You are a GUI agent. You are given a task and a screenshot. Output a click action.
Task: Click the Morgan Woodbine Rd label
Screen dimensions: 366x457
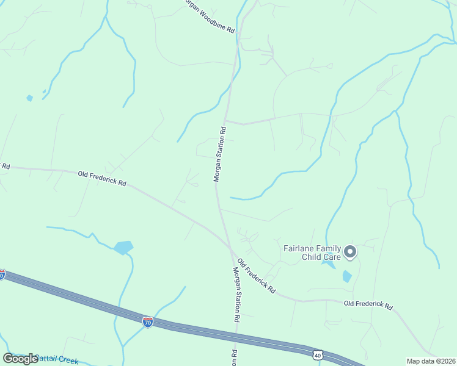208,16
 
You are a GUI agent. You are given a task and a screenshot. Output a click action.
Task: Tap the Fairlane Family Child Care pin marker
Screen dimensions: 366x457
350,251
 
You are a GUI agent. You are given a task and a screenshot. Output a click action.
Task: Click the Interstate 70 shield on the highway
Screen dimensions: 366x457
148,321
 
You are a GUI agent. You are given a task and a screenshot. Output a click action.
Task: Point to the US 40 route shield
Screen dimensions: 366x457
317,354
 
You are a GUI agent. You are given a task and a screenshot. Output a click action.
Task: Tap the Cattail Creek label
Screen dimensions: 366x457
56,359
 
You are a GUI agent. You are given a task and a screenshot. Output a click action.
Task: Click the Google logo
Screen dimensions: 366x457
20,359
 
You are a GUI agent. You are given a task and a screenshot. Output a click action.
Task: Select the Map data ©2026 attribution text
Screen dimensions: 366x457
431,361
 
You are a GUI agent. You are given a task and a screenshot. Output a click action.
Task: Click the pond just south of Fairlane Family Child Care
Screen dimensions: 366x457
347,276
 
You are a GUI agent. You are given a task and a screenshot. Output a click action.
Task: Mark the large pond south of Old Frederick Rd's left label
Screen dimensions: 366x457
123,247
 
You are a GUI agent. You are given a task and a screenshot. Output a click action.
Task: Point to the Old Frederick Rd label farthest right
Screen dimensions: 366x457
368,304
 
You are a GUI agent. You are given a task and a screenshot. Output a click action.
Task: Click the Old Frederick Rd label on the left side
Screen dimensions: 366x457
102,178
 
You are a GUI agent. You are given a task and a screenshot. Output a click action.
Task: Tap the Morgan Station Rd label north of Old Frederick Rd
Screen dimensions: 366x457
219,154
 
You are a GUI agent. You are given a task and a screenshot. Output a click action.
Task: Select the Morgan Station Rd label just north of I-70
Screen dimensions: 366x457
236,295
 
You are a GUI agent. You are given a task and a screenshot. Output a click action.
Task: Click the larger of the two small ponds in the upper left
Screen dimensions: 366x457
29,98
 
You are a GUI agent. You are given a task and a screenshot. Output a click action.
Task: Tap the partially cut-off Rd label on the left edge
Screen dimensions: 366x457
5,166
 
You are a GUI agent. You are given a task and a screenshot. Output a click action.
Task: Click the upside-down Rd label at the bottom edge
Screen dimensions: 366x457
234,357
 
